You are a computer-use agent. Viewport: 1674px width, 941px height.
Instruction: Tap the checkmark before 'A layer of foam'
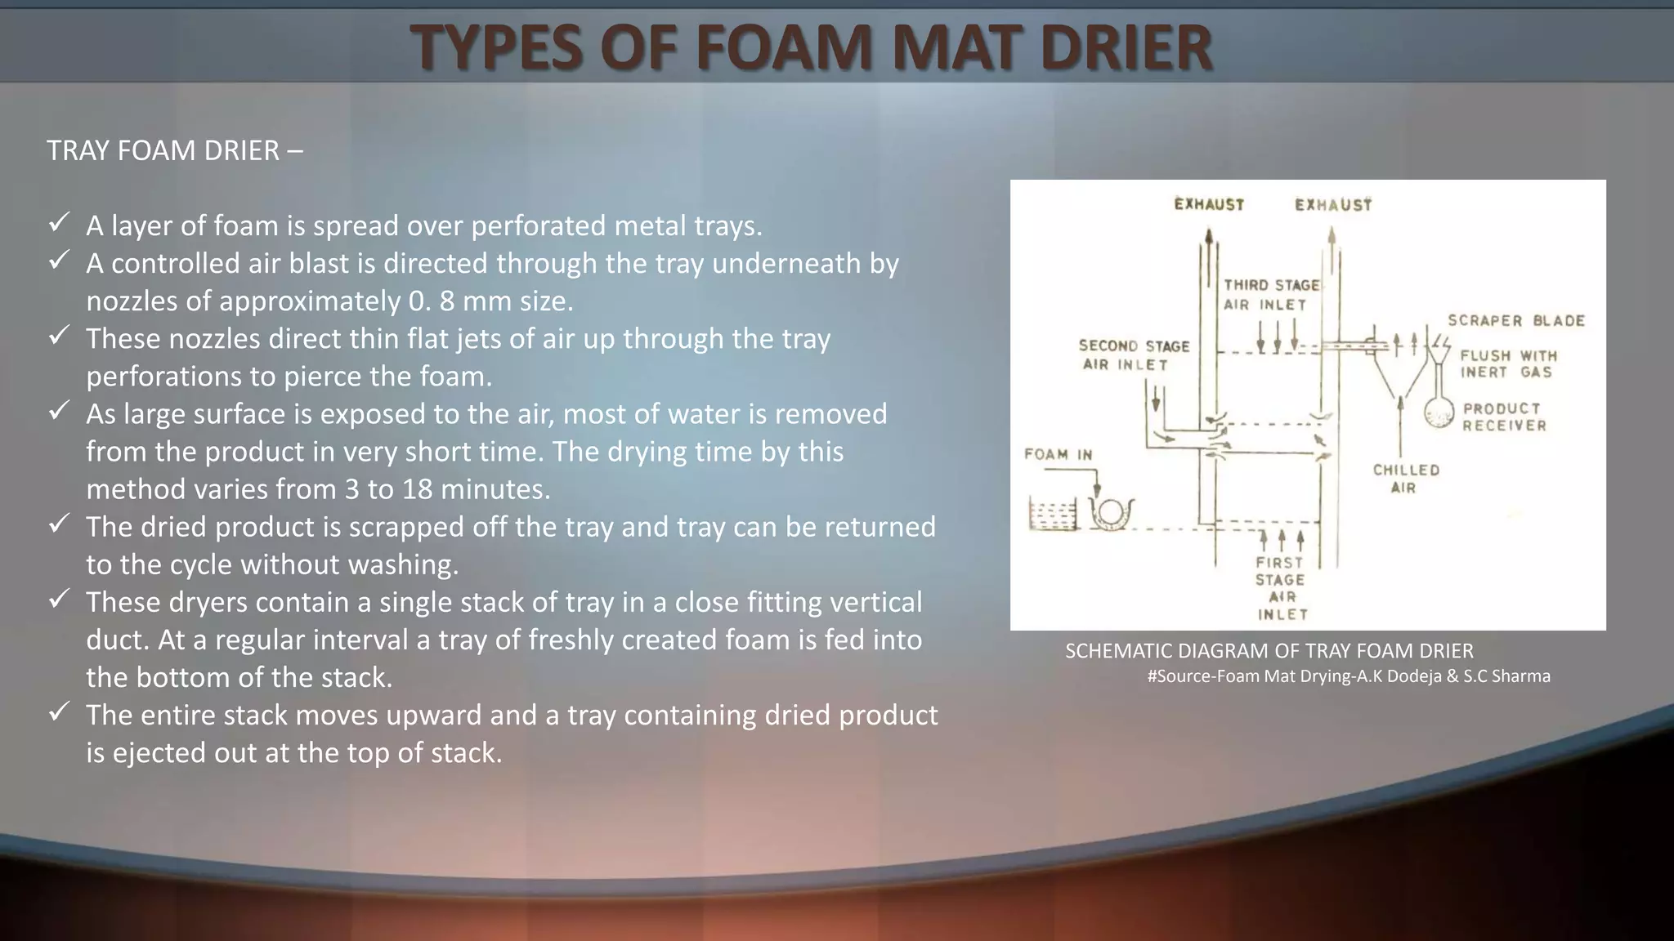(59, 222)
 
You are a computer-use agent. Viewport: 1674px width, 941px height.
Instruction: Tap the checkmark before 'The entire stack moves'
(59, 711)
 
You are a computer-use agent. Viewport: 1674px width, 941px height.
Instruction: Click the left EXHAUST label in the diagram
(1209, 204)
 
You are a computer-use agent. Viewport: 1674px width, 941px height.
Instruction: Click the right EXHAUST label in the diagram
(1333, 205)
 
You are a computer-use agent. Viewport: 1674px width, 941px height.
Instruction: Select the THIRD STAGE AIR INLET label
(1270, 295)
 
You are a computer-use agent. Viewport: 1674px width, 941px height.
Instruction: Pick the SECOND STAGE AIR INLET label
(1133, 355)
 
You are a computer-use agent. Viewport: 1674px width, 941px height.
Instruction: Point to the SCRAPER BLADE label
(1515, 321)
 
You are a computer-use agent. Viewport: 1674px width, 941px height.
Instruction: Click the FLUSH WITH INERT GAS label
(1508, 364)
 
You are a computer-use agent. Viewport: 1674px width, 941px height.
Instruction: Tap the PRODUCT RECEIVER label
(1504, 417)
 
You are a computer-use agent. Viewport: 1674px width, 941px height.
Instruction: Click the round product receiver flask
(1439, 414)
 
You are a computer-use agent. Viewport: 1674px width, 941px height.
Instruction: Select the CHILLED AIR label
(1406, 479)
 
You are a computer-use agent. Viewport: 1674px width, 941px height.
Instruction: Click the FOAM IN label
(1058, 455)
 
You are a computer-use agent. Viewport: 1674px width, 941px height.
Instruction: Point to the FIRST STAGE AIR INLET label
(1281, 588)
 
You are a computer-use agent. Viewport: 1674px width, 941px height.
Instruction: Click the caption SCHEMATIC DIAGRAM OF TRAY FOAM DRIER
(1269, 651)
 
